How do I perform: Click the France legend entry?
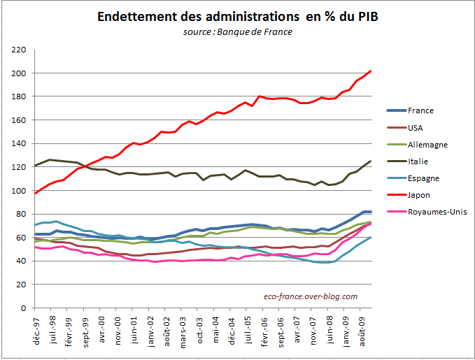click(420, 110)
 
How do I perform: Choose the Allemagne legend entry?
click(426, 144)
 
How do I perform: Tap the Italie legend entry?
click(416, 161)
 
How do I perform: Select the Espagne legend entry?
click(423, 178)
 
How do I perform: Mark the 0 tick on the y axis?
click(22, 308)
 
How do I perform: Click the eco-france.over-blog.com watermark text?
click(311, 296)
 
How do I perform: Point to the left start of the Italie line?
click(36, 166)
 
